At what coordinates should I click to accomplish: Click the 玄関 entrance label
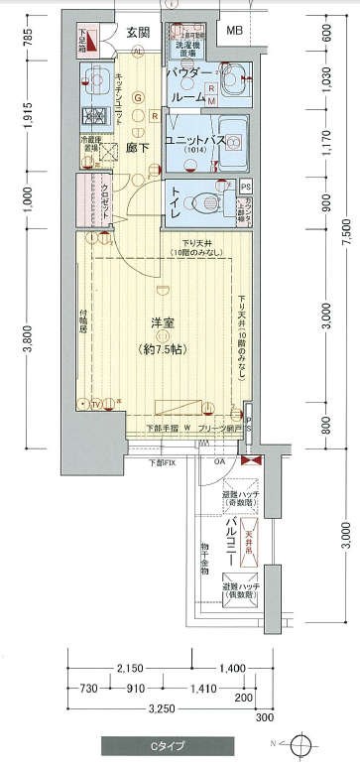click(137, 33)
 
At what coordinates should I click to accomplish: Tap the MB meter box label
click(234, 32)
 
